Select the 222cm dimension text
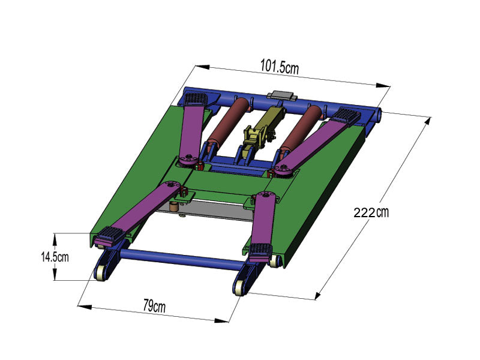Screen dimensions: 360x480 click(x=371, y=212)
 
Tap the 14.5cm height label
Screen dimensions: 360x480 click(x=55, y=257)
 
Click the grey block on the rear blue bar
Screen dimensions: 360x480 click(x=281, y=96)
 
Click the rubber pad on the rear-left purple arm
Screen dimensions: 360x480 click(x=196, y=99)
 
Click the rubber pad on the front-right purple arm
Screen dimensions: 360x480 click(x=260, y=251)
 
